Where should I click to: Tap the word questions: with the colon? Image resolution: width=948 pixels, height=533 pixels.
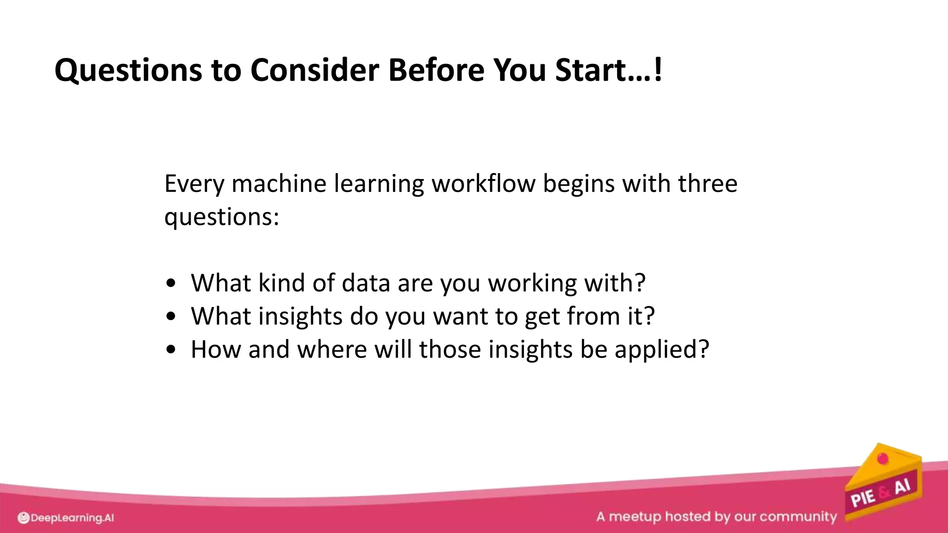(x=222, y=217)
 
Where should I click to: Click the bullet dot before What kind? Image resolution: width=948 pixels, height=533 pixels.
(x=171, y=283)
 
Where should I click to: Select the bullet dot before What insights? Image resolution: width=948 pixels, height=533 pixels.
(x=171, y=316)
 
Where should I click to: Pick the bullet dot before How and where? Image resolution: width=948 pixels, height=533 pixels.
(x=171, y=350)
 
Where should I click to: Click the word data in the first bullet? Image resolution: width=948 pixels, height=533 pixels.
(x=365, y=283)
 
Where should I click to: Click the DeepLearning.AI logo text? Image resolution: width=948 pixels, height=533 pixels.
(x=72, y=518)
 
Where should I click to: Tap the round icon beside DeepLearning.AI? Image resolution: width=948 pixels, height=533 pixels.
(x=24, y=518)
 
